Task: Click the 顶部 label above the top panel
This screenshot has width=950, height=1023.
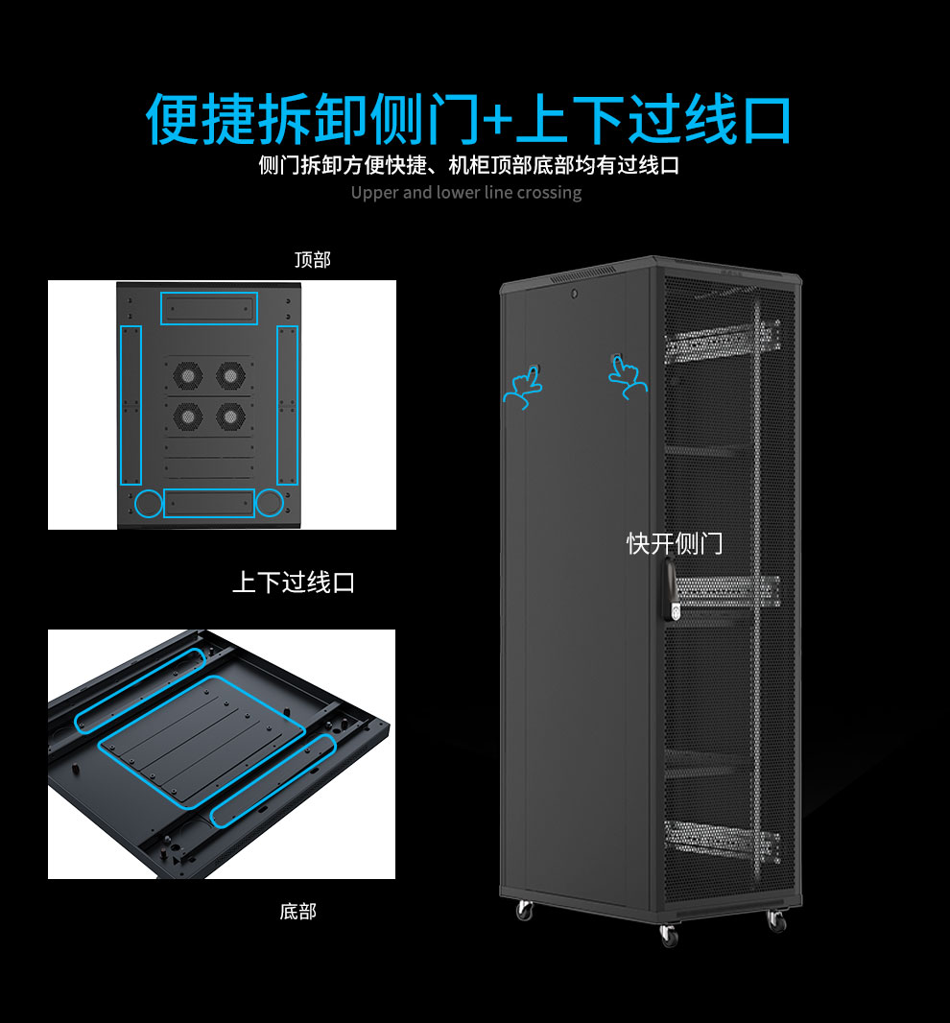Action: (313, 260)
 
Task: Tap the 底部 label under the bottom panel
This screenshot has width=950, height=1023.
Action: (298, 911)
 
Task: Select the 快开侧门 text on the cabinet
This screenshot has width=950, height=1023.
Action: (675, 543)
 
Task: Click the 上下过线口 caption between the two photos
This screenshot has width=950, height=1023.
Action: (294, 582)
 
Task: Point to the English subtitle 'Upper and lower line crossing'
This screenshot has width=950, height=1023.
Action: (465, 193)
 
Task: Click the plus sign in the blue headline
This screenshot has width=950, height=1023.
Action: (499, 120)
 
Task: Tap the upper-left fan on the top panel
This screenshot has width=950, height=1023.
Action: (187, 375)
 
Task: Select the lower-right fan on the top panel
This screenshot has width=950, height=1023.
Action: (230, 416)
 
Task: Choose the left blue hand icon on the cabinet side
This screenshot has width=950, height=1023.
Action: (523, 387)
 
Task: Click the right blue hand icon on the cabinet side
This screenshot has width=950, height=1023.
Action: (628, 378)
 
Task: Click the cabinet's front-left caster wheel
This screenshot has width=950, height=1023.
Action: (669, 936)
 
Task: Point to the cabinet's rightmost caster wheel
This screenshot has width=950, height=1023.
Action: (776, 920)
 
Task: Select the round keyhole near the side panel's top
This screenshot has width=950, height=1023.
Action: (574, 295)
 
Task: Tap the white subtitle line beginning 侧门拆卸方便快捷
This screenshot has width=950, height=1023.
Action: (468, 165)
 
